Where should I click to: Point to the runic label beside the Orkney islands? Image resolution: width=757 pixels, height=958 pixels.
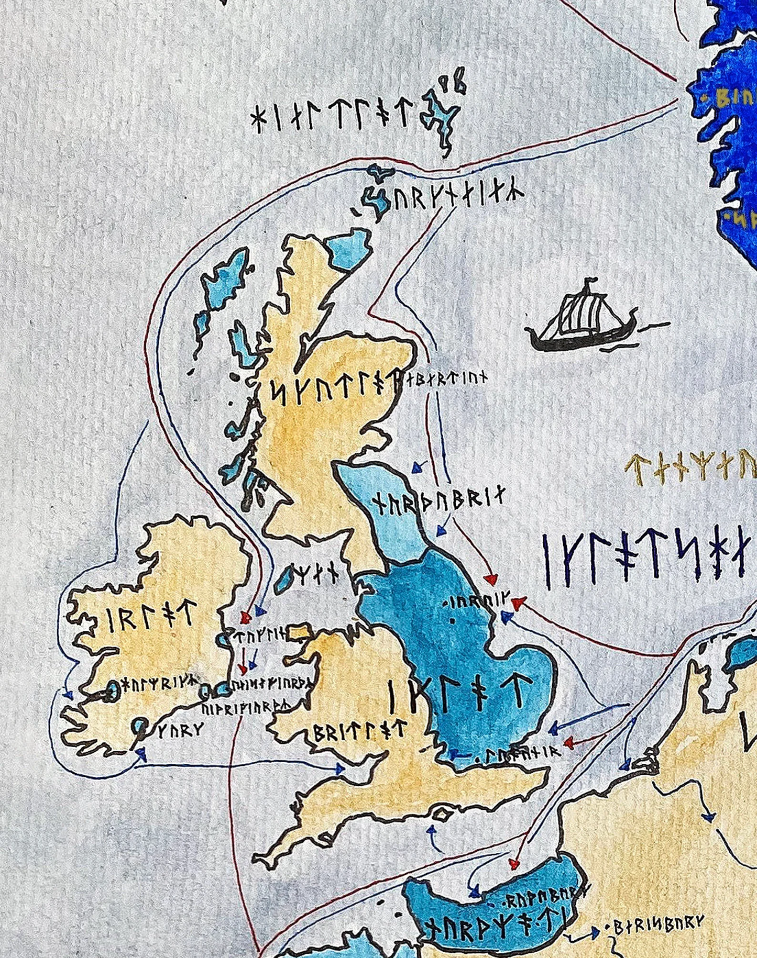[x=458, y=197]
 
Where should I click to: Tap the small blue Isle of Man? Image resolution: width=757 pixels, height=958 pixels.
[x=286, y=578]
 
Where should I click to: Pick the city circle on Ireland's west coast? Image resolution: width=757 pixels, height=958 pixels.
[x=112, y=692]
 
